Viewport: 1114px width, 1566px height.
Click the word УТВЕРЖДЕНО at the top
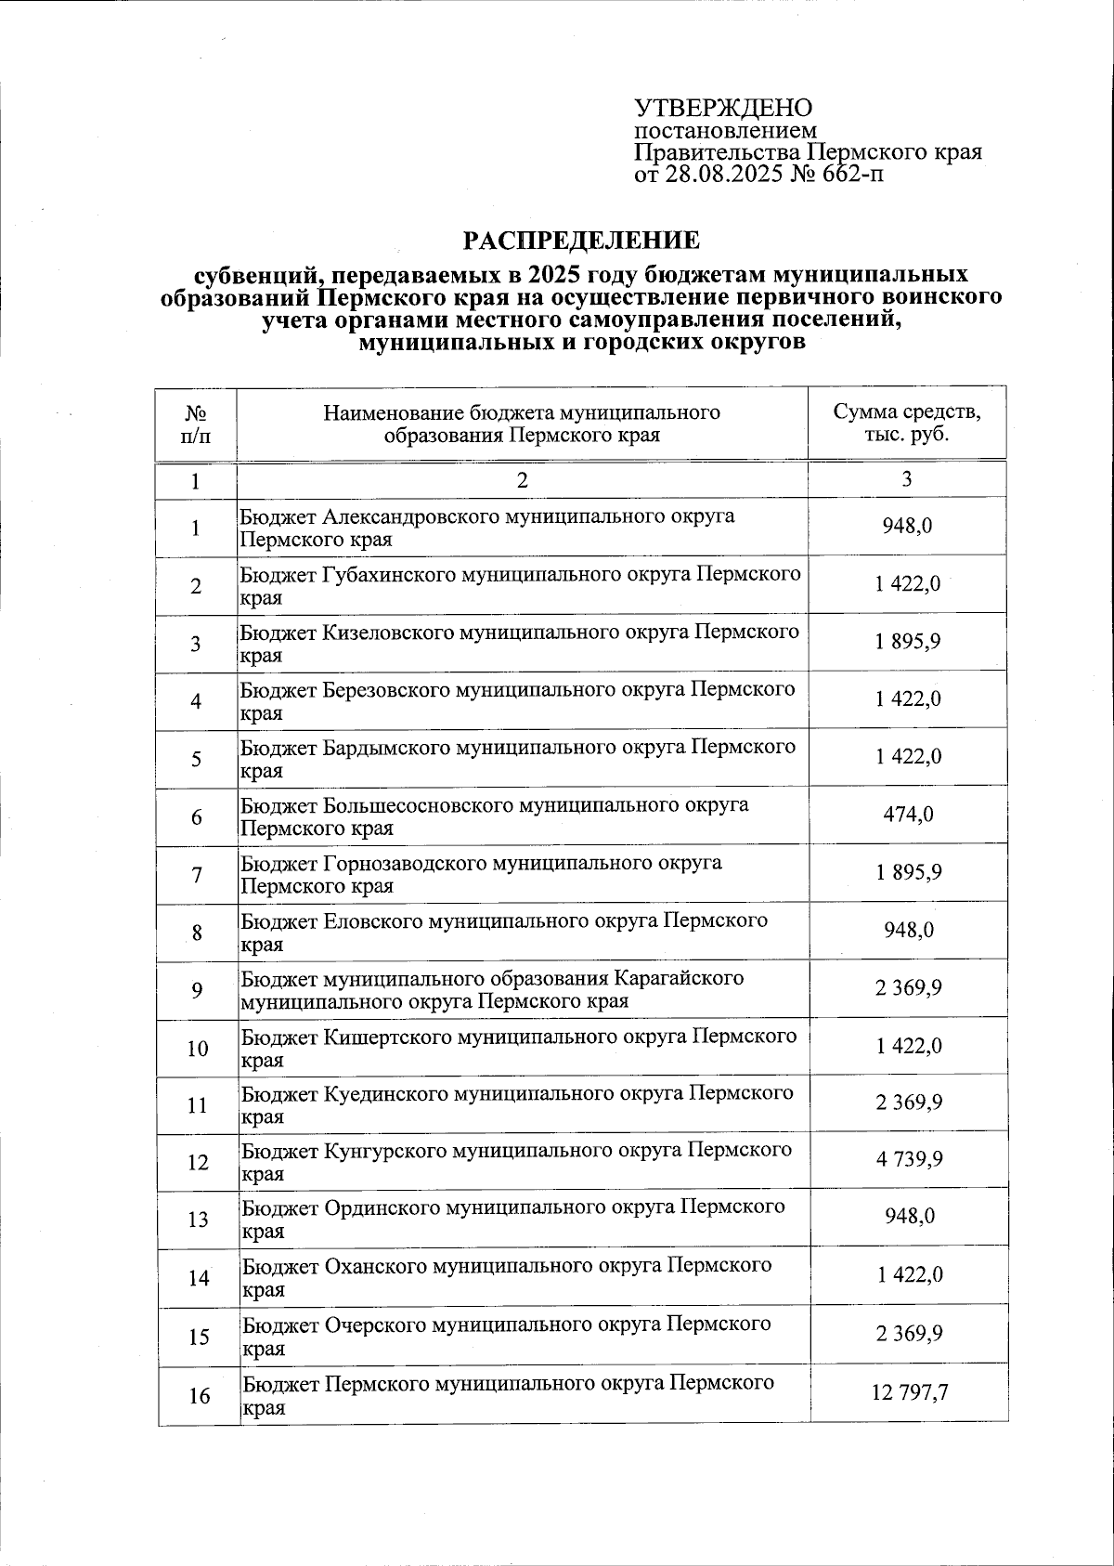(723, 109)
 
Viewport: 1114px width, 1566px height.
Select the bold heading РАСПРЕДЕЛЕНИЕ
(582, 241)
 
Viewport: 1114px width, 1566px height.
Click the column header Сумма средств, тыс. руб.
(906, 424)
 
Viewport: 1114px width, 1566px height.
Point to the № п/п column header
(196, 424)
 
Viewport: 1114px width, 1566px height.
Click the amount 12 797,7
(909, 1392)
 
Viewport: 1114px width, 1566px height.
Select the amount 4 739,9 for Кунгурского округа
(908, 1159)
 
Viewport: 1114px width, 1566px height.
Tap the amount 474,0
(909, 815)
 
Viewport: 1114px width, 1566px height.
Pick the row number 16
(199, 1395)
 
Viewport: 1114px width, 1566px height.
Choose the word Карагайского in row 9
(679, 978)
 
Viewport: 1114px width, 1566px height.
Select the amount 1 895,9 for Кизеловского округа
(908, 642)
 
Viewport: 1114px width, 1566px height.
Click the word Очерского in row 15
(375, 1324)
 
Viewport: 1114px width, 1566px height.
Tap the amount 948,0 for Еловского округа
(909, 930)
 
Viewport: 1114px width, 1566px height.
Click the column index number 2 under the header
(522, 480)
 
